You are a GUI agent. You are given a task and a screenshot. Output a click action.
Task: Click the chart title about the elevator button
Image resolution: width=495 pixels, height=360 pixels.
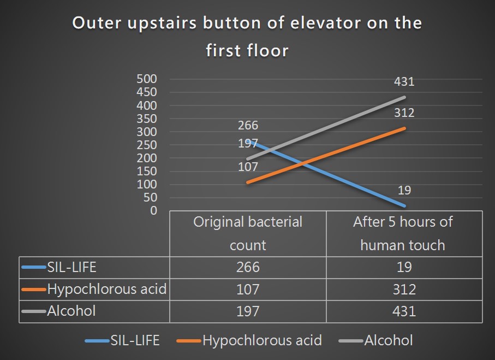tap(247, 37)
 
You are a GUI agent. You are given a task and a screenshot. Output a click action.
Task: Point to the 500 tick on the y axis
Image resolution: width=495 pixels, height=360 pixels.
tap(146, 79)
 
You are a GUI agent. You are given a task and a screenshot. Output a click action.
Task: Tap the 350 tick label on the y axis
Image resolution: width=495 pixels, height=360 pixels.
tap(146, 119)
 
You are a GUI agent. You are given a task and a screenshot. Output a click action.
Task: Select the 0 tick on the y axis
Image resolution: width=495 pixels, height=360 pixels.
tap(153, 210)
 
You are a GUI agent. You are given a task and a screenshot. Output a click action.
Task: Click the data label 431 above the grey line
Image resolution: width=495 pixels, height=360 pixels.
tap(404, 81)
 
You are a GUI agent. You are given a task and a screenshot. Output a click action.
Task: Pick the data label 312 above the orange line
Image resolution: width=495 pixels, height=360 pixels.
tap(404, 113)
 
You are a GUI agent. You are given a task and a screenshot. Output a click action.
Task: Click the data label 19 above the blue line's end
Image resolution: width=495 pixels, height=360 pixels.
tap(404, 190)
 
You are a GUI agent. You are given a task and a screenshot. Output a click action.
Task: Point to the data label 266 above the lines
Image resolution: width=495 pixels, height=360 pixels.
tap(248, 126)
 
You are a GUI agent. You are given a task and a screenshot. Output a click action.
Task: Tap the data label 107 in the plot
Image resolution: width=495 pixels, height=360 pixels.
tap(248, 167)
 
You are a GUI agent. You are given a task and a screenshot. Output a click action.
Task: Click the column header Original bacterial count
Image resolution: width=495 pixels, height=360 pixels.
tap(248, 234)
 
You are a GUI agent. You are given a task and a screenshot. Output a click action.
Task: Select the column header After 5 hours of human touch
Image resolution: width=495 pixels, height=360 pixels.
tap(403, 234)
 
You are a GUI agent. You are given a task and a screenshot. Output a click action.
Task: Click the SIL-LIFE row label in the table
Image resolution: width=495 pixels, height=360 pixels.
tap(71, 267)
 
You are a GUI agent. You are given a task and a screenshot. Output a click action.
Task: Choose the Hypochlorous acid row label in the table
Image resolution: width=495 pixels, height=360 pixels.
tap(107, 289)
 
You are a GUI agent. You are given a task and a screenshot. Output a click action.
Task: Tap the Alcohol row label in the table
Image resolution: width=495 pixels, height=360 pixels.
tap(71, 311)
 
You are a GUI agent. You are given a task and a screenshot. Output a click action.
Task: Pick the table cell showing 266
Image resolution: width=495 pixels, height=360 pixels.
tap(248, 267)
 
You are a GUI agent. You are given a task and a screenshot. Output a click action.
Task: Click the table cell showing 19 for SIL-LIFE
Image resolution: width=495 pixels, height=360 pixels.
tap(404, 267)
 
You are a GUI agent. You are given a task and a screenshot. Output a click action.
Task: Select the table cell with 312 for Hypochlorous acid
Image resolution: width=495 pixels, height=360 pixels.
tap(404, 290)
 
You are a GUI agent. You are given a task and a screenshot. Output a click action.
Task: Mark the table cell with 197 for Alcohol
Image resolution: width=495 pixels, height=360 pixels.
tap(248, 311)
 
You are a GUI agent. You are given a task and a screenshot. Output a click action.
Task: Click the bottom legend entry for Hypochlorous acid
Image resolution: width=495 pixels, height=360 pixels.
tap(249, 341)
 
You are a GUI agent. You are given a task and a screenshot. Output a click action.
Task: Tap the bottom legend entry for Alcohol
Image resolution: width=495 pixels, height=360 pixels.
tap(375, 341)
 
